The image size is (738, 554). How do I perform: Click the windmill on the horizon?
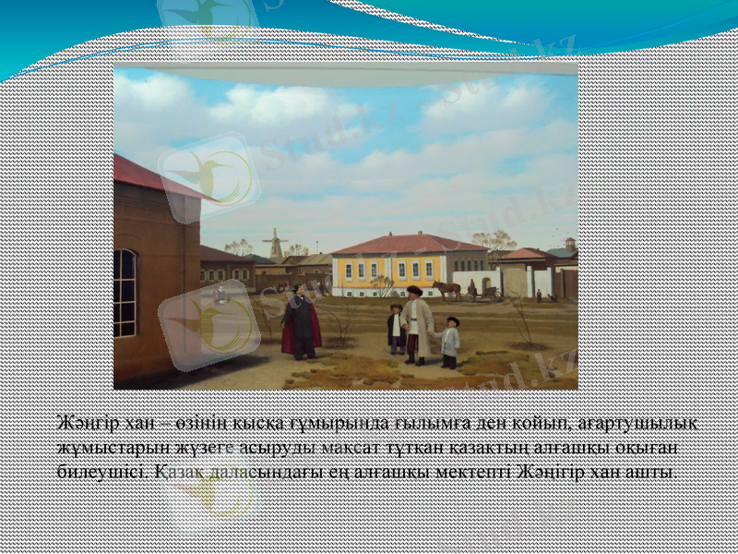(274, 244)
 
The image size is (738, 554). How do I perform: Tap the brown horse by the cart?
(447, 289)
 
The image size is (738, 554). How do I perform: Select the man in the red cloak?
(300, 321)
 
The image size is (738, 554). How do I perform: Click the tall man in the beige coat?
(416, 323)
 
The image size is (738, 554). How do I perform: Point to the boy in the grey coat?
(450, 342)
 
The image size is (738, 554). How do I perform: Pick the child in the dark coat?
(396, 328)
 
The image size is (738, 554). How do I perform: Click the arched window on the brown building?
(125, 293)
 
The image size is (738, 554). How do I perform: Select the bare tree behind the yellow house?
(494, 242)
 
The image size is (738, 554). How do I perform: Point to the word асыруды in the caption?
(268, 447)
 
